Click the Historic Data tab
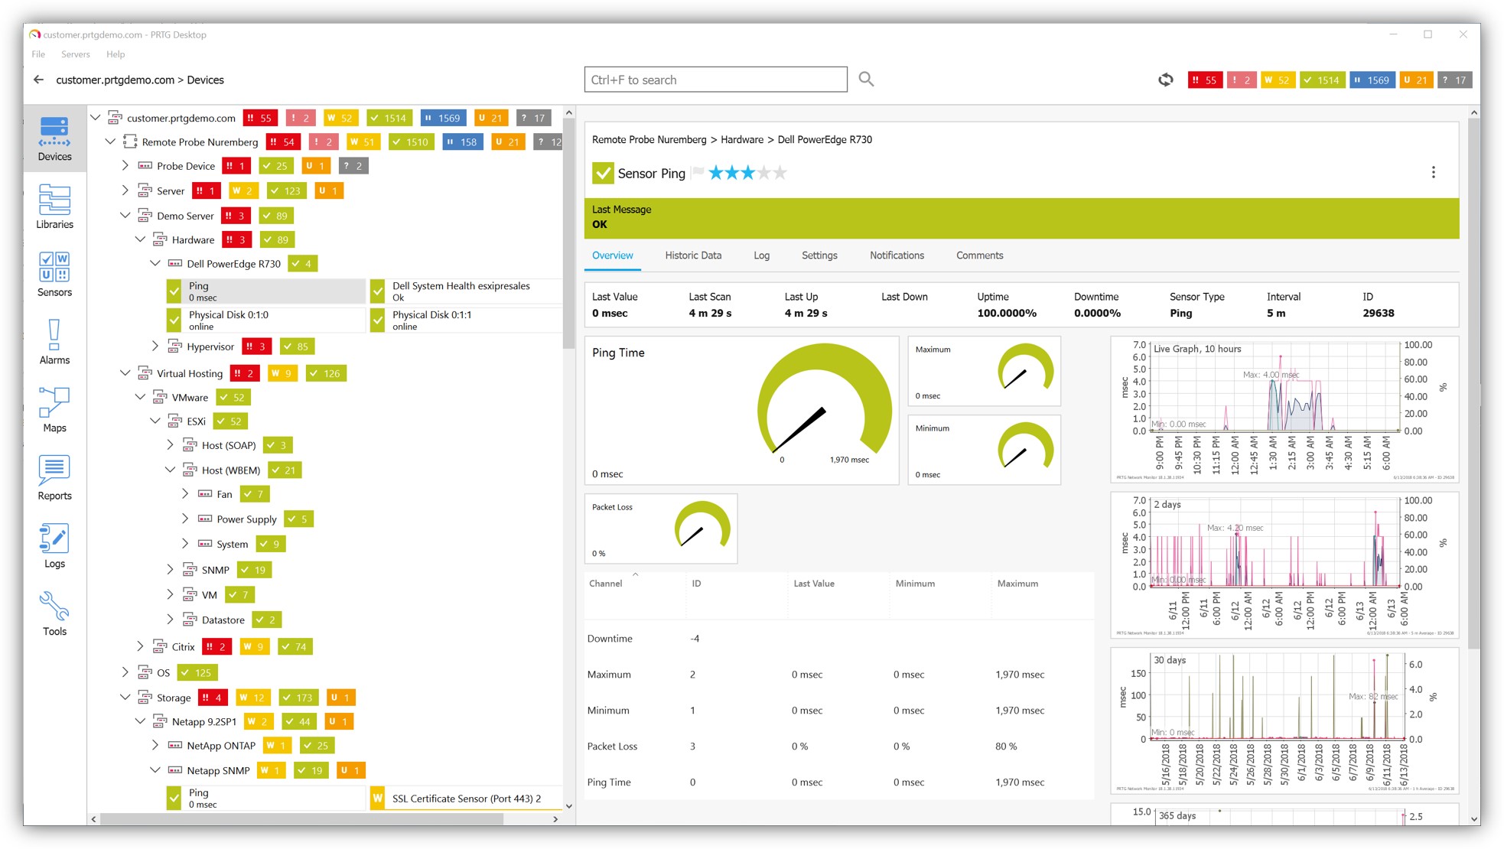pyautogui.click(x=692, y=255)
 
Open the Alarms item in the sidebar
pyautogui.click(x=54, y=341)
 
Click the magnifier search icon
pyautogui.click(x=866, y=79)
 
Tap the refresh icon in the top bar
pyautogui.click(x=1165, y=80)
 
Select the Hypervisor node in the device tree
pyautogui.click(x=210, y=346)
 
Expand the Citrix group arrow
pyautogui.click(x=140, y=646)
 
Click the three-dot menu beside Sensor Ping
pyautogui.click(x=1433, y=173)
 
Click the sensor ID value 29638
pyautogui.click(x=1378, y=313)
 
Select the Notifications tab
pyautogui.click(x=897, y=255)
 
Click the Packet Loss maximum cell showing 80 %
pyautogui.click(x=1006, y=747)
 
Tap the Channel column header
pyautogui.click(x=605, y=584)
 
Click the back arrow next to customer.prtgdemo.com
pyautogui.click(x=39, y=80)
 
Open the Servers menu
pyautogui.click(x=75, y=54)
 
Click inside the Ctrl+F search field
pyautogui.click(x=715, y=80)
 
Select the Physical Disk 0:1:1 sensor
pyautogui.click(x=431, y=320)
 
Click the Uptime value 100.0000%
pyautogui.click(x=1006, y=313)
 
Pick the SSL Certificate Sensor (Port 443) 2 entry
pyautogui.click(x=466, y=799)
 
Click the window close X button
pyautogui.click(x=1463, y=34)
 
